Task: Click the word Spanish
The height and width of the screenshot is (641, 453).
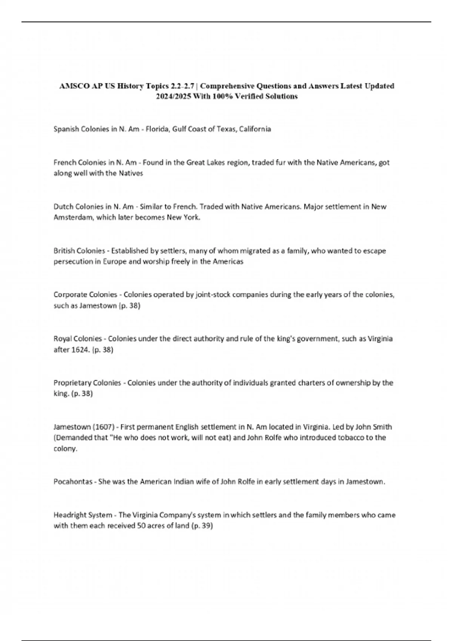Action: [x=66, y=129]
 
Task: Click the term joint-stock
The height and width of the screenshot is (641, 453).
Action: [x=213, y=294]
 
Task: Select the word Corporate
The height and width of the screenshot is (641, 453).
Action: [x=69, y=294]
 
